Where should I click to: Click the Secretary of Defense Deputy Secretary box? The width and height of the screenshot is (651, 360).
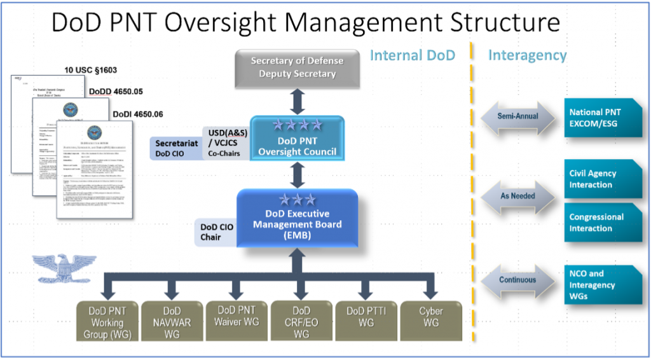coord(298,67)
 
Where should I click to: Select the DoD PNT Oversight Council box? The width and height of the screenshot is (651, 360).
coord(298,139)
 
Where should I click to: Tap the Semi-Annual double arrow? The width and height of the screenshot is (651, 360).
coord(517,116)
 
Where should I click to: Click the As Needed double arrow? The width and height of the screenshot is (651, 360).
coord(517,196)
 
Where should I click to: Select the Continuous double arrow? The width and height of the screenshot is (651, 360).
coord(517,280)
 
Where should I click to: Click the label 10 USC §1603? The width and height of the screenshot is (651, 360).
coord(90,70)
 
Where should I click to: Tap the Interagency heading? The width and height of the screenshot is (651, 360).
coord(527,55)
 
